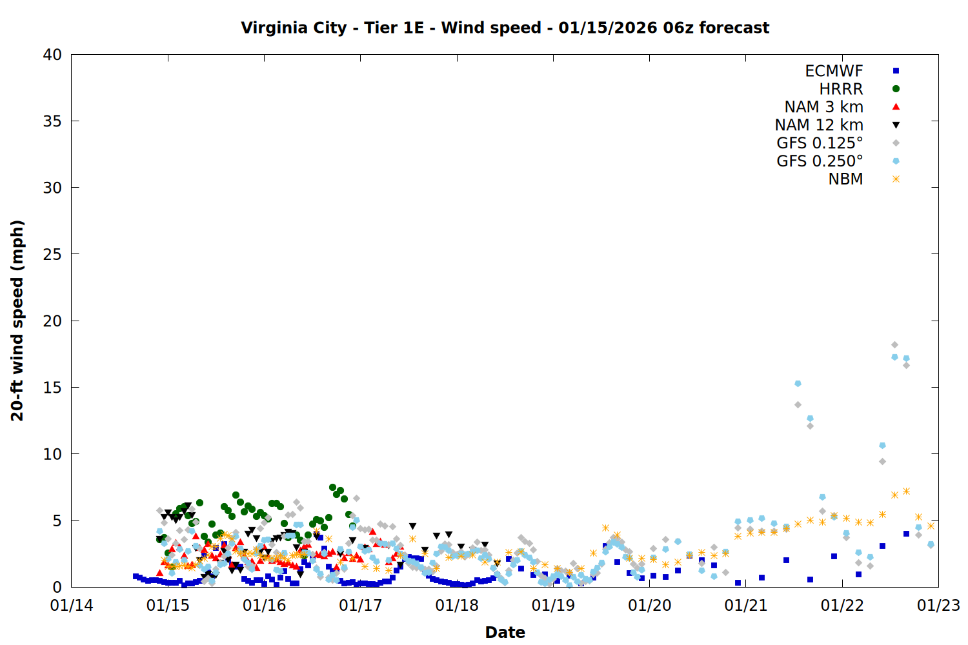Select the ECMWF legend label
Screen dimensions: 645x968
point(834,71)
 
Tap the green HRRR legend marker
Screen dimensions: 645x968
point(896,89)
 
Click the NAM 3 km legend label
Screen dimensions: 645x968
point(823,107)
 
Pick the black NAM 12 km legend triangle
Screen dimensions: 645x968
point(896,125)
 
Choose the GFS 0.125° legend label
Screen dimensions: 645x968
point(820,143)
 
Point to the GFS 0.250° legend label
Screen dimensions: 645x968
point(820,161)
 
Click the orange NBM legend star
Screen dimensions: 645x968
point(896,179)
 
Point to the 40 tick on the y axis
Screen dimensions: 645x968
point(52,55)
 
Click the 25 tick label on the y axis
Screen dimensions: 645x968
point(52,254)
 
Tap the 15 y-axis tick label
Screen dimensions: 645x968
point(52,387)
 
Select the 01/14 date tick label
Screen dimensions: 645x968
point(71,606)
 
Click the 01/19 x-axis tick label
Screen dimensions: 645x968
point(553,606)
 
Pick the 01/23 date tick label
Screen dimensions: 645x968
point(938,606)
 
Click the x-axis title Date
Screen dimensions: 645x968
point(505,632)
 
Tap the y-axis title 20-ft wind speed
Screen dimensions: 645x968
point(17,321)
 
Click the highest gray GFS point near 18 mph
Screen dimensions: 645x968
point(894,345)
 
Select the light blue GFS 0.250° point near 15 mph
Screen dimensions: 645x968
point(798,384)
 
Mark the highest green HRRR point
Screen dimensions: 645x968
point(332,488)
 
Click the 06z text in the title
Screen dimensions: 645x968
point(678,28)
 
